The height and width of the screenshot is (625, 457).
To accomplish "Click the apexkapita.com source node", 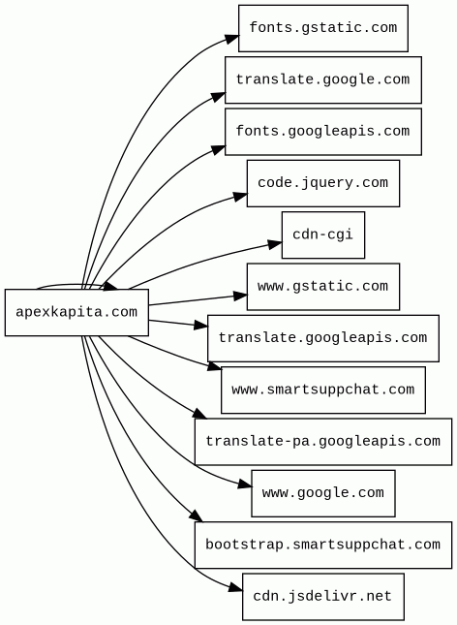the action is click(x=76, y=312).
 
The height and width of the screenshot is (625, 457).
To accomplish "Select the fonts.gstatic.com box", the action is click(x=323, y=28).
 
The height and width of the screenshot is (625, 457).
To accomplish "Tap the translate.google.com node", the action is click(x=323, y=79).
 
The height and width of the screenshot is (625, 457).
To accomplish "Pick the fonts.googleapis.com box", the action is click(x=323, y=132).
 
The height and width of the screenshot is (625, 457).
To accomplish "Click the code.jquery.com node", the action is click(x=323, y=183).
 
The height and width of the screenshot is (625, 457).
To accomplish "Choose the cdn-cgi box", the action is click(x=323, y=234).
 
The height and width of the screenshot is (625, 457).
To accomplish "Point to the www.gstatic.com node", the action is click(x=323, y=287).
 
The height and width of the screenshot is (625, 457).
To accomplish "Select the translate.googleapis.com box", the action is click(x=323, y=338).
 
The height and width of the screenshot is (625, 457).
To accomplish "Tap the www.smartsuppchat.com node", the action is click(x=323, y=390).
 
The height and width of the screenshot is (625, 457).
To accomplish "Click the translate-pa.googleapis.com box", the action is click(x=323, y=442).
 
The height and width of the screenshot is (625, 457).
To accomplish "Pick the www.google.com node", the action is click(x=323, y=493).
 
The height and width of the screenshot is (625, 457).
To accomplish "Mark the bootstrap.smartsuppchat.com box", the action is click(x=323, y=545).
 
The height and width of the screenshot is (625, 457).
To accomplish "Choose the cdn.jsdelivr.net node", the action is click(x=323, y=597).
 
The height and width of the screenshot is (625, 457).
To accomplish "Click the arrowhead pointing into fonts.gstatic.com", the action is click(x=231, y=39).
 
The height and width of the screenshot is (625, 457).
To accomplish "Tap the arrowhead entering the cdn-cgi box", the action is click(x=275, y=243).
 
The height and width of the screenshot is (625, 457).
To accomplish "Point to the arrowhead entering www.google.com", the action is click(x=245, y=485).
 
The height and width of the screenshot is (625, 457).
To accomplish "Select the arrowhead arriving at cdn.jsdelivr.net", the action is click(x=235, y=587).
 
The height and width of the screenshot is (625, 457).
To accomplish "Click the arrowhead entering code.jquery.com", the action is click(x=240, y=196).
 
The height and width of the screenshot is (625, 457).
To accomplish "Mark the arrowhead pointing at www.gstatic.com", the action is click(x=240, y=296).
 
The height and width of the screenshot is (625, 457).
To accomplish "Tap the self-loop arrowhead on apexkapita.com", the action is click(x=110, y=287).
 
